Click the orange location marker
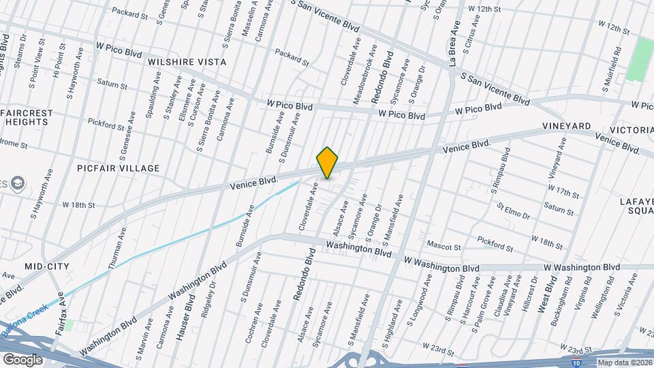[328, 163]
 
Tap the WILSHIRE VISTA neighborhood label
[187, 62]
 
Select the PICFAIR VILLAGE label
[119, 168]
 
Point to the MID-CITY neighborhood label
[47, 266]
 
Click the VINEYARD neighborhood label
[566, 127]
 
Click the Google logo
[22, 359]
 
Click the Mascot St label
[444, 245]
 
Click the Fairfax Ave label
[59, 315]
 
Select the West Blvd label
[547, 294]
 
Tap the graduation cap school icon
[16, 183]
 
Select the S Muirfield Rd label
[611, 70]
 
